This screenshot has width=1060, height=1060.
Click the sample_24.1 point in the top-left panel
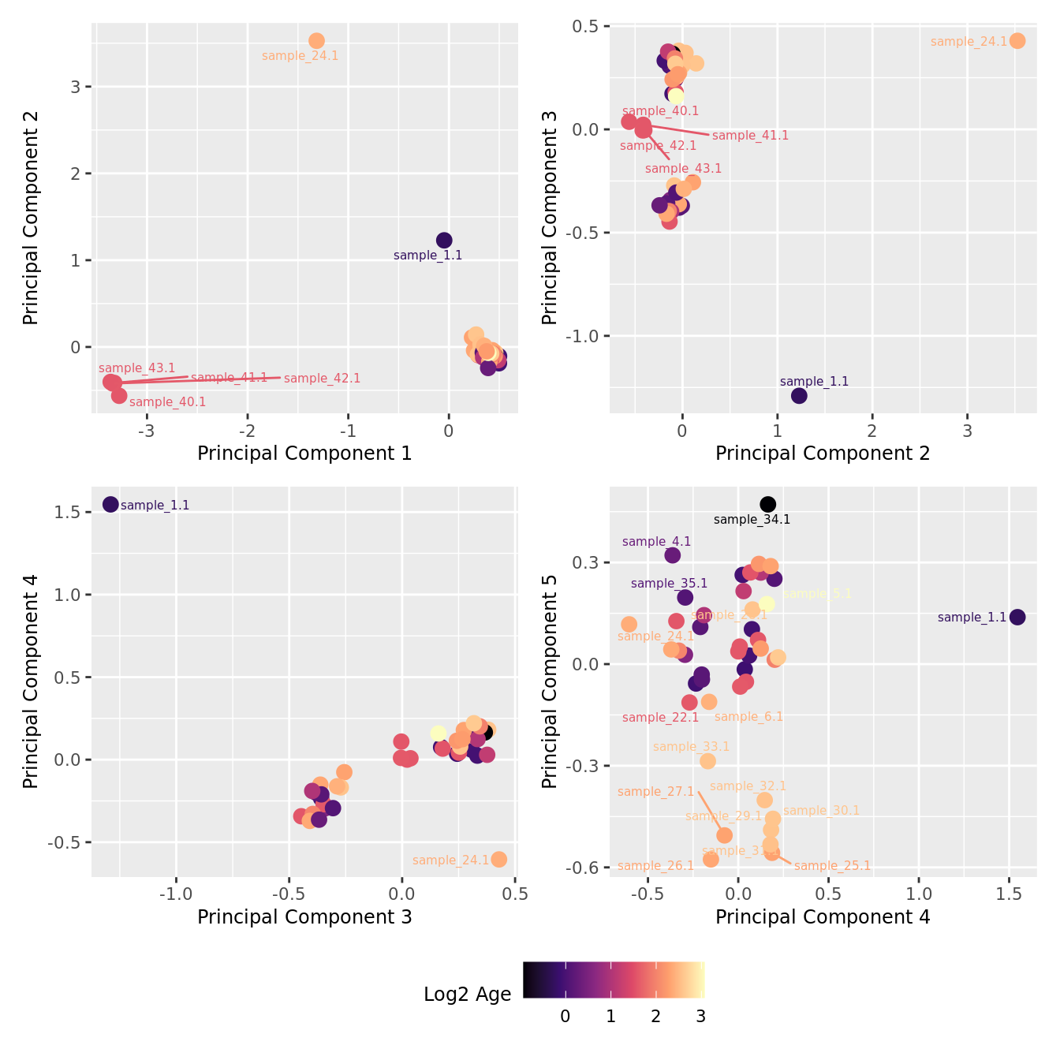pyautogui.click(x=316, y=41)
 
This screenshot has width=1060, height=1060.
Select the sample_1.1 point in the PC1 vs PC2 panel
pyautogui.click(x=444, y=241)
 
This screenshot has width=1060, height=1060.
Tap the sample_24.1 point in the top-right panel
pyautogui.click(x=1017, y=41)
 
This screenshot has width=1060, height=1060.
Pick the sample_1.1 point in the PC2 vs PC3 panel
pyautogui.click(x=799, y=396)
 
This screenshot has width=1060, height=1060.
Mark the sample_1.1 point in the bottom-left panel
pyautogui.click(x=110, y=504)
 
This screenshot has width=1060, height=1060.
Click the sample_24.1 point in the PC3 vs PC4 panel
pyautogui.click(x=498, y=859)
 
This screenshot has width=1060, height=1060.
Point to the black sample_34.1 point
pyautogui.click(x=767, y=504)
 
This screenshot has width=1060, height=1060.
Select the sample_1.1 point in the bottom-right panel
pyautogui.click(x=1017, y=617)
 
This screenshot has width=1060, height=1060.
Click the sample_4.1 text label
pyautogui.click(x=656, y=542)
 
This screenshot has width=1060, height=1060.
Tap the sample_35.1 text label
pyautogui.click(x=669, y=584)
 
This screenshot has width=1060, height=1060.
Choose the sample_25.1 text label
pyautogui.click(x=832, y=866)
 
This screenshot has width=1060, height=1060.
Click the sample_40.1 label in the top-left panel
pyautogui.click(x=167, y=402)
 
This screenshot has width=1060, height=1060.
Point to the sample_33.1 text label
pyautogui.click(x=691, y=747)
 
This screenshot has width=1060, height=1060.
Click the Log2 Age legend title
pyautogui.click(x=468, y=995)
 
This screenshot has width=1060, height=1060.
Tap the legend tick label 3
pyautogui.click(x=700, y=1017)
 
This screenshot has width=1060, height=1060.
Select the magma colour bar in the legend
pyautogui.click(x=614, y=980)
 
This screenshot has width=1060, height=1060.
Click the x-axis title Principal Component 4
pyautogui.click(x=823, y=917)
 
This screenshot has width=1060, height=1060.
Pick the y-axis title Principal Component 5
pyautogui.click(x=551, y=681)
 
